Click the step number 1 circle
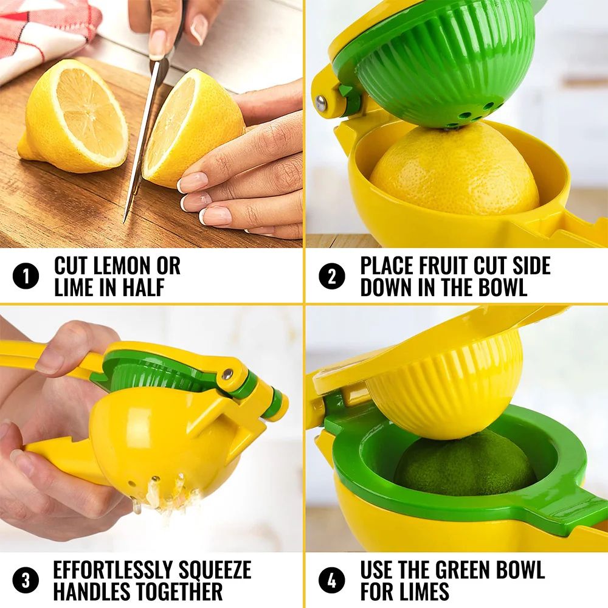pyautogui.click(x=26, y=277)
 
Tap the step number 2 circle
pyautogui.click(x=331, y=277)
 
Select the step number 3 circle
pyautogui.click(x=26, y=580)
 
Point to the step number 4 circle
pyautogui.click(x=331, y=580)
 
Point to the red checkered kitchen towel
pyautogui.click(x=43, y=30)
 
